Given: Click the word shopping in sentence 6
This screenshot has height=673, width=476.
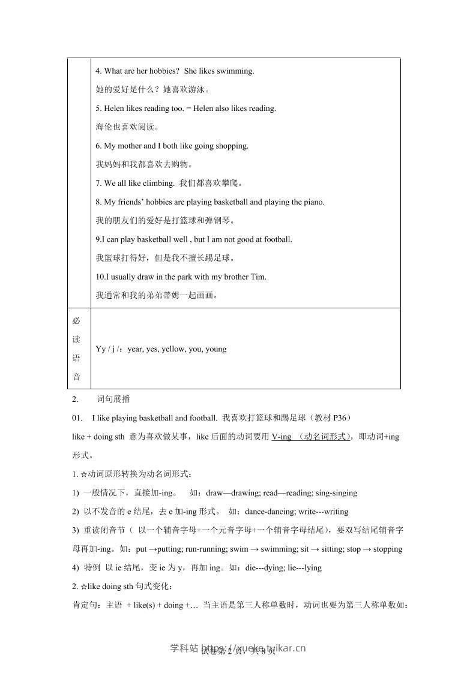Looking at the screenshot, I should pos(232,146).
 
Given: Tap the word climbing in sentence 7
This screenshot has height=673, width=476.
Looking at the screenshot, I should pos(158,183).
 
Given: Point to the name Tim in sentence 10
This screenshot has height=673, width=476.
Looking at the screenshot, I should pos(259,277).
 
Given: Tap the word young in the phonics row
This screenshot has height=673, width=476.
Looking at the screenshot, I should pos(215,348).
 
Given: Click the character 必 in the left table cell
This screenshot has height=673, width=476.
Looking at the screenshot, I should pos(76,320).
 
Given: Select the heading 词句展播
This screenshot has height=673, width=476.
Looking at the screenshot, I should pos(113,399).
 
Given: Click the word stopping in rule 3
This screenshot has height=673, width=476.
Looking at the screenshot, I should pos(388,549).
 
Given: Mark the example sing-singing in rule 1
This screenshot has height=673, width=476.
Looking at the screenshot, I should pos(334,493).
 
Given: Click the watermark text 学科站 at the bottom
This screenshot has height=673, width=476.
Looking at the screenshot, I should pos(184,648).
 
